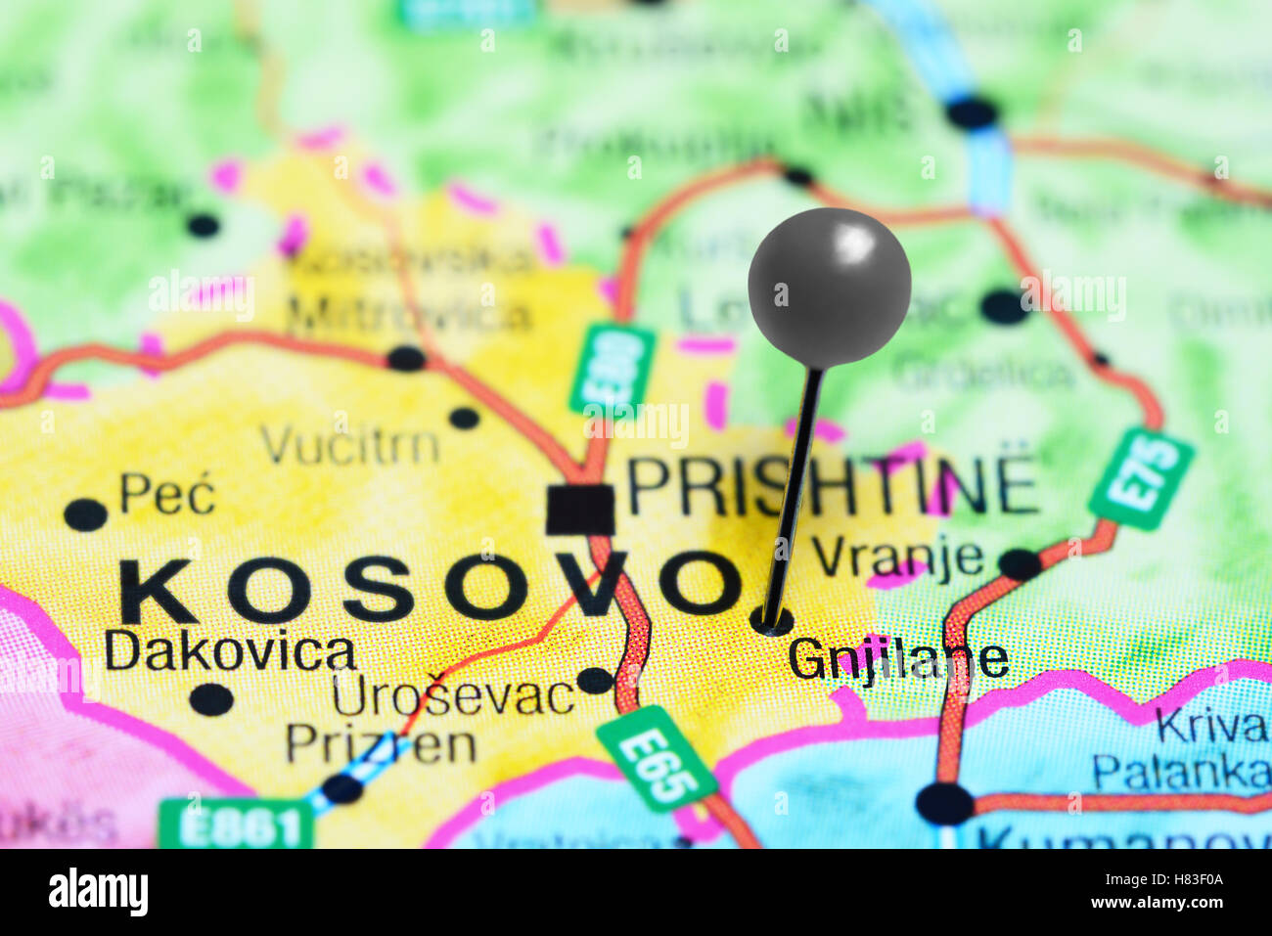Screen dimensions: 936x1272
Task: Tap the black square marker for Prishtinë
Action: (x=579, y=510)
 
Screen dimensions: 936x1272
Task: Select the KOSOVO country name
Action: (x=431, y=588)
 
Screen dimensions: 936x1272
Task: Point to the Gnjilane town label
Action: (x=898, y=658)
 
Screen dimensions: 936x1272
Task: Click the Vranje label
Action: (x=897, y=557)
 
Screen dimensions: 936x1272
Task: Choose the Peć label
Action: (x=167, y=494)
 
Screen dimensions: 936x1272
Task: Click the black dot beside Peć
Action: (x=85, y=514)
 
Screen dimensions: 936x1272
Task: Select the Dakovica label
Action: (x=230, y=651)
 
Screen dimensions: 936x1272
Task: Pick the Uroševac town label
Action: (x=452, y=696)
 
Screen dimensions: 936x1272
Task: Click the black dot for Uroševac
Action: (x=594, y=680)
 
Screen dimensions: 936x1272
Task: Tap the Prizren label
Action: (x=381, y=744)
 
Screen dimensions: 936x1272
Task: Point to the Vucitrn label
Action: (x=349, y=446)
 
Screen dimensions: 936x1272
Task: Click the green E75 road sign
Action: (x=1141, y=478)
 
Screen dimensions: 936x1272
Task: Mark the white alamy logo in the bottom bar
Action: (x=98, y=892)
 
